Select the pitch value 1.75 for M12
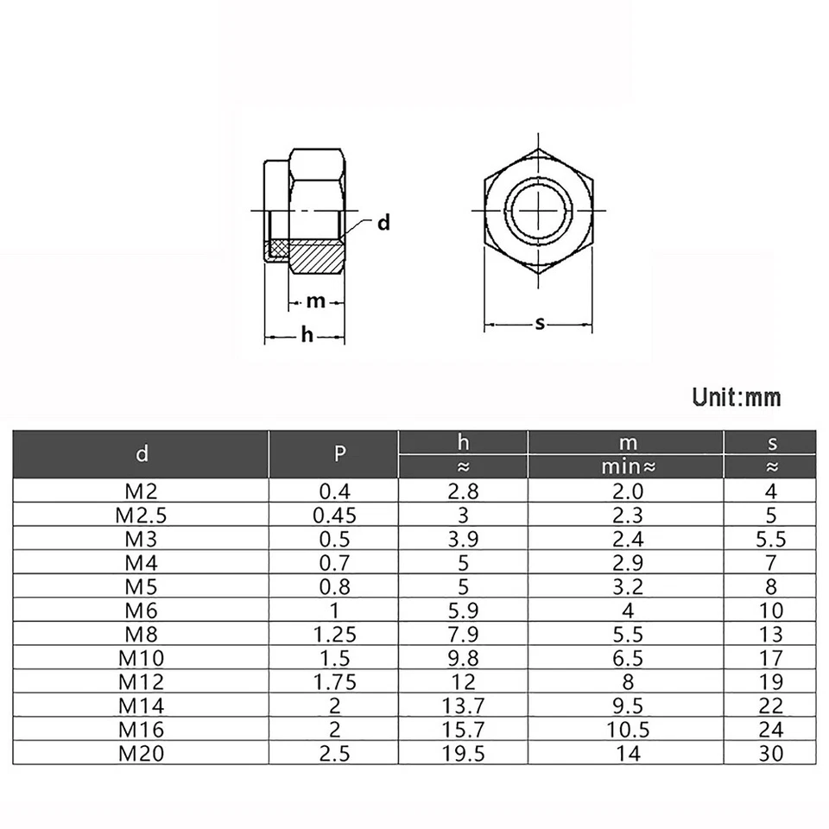(x=334, y=681)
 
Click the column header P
(x=334, y=454)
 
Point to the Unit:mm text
(x=737, y=397)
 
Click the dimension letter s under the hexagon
(x=541, y=324)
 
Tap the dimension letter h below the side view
(x=307, y=335)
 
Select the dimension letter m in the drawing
(x=315, y=301)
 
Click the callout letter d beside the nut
(x=383, y=223)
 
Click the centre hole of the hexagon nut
(x=538, y=210)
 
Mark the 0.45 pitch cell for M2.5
(x=334, y=516)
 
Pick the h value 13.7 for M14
(x=463, y=706)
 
